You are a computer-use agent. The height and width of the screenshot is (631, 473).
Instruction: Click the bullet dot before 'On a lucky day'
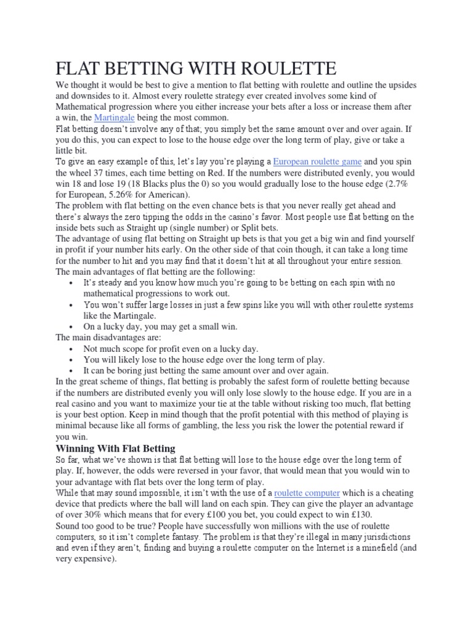73,327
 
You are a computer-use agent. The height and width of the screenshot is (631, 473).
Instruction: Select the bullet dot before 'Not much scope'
73,349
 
